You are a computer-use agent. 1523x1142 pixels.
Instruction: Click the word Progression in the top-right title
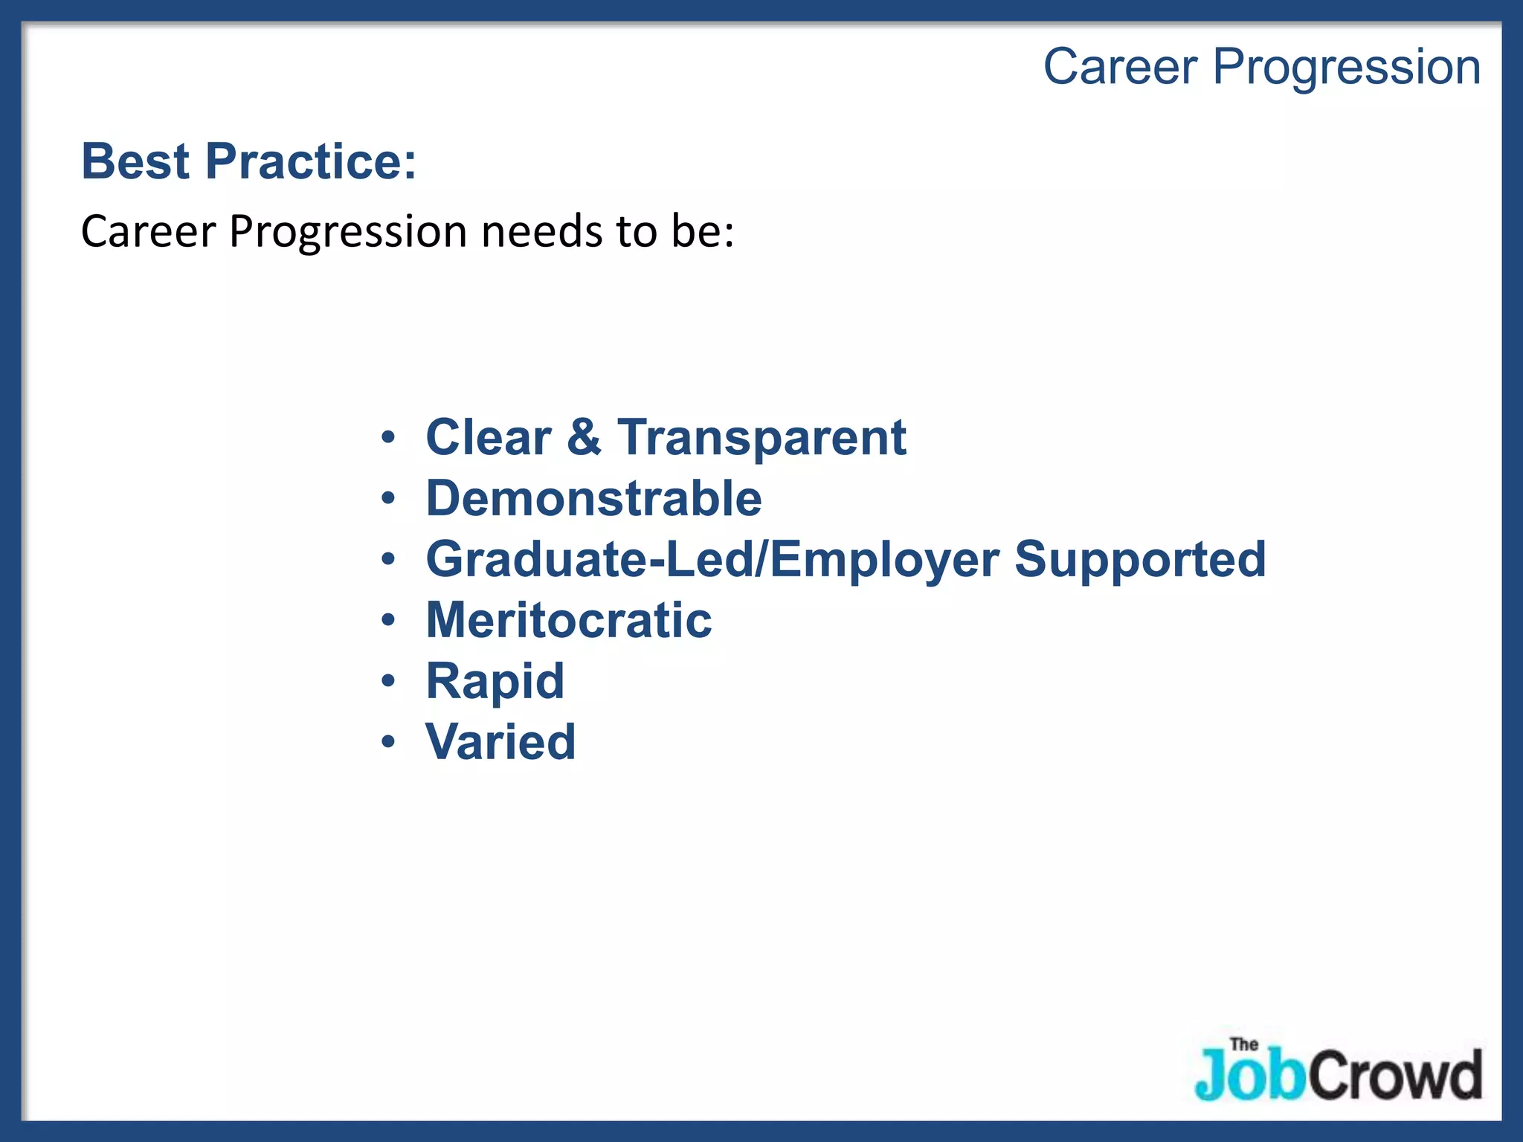(1346, 68)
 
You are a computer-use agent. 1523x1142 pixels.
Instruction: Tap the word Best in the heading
(135, 161)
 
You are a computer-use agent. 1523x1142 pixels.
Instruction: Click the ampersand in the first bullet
(584, 437)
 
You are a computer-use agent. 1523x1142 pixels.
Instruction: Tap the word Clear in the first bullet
(488, 437)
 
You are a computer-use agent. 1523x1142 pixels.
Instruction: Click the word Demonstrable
(593, 498)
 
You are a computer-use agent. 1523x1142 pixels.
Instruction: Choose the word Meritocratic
(568, 620)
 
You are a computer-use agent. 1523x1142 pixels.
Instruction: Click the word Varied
(500, 742)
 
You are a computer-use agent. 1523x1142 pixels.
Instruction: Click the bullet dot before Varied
(388, 742)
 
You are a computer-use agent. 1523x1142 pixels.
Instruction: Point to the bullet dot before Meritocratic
(388, 620)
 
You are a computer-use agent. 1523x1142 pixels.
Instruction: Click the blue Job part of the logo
(1249, 1076)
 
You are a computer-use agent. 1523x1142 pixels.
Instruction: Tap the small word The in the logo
(1243, 1045)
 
